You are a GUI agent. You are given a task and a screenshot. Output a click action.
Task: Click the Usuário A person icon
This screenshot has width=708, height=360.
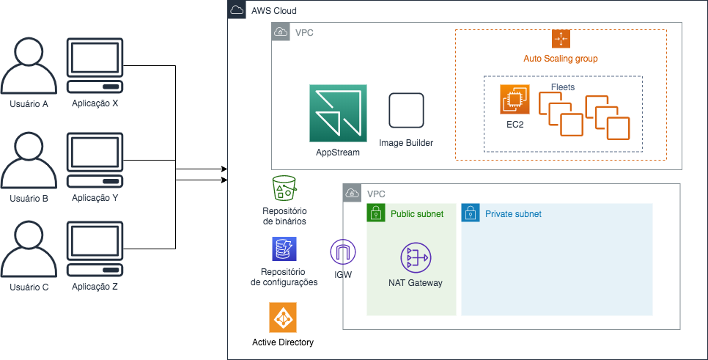tap(29, 65)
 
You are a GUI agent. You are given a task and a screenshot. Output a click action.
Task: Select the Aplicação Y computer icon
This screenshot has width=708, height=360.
tap(95, 161)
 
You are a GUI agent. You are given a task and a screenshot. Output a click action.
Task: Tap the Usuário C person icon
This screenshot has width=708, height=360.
tap(29, 249)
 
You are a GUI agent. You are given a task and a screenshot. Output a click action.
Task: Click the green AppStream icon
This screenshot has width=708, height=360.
tap(338, 114)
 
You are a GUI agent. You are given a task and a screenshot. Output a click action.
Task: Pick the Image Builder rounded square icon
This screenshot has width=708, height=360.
tap(406, 111)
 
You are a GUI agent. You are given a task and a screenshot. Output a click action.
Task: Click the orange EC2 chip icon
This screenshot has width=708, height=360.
tap(515, 100)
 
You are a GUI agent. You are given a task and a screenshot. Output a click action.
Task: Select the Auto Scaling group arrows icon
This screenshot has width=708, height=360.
tap(561, 39)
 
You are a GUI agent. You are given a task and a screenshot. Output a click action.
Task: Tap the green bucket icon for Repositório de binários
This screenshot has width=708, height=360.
tap(284, 188)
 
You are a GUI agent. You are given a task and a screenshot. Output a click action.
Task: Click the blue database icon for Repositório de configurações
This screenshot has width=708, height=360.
tap(284, 249)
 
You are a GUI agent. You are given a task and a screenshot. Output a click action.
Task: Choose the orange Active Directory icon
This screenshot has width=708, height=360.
tap(283, 317)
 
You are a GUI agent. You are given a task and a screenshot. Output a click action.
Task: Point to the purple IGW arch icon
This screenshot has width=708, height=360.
tap(343, 252)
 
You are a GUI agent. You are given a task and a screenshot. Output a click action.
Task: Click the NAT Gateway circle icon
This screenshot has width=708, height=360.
tap(416, 258)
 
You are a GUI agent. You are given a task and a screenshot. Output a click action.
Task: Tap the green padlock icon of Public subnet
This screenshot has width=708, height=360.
tap(376, 213)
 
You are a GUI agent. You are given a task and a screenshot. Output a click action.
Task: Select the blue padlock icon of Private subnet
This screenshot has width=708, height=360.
tap(471, 213)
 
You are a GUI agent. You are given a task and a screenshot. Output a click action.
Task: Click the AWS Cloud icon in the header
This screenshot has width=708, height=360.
tap(237, 10)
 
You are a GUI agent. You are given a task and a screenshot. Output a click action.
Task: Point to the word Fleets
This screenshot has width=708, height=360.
tap(563, 87)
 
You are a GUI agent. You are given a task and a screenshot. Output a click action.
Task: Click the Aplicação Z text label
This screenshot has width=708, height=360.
tap(95, 287)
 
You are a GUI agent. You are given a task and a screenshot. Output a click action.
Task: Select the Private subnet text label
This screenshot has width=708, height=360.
tap(513, 214)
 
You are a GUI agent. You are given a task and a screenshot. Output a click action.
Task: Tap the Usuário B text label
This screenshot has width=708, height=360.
tap(29, 198)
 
